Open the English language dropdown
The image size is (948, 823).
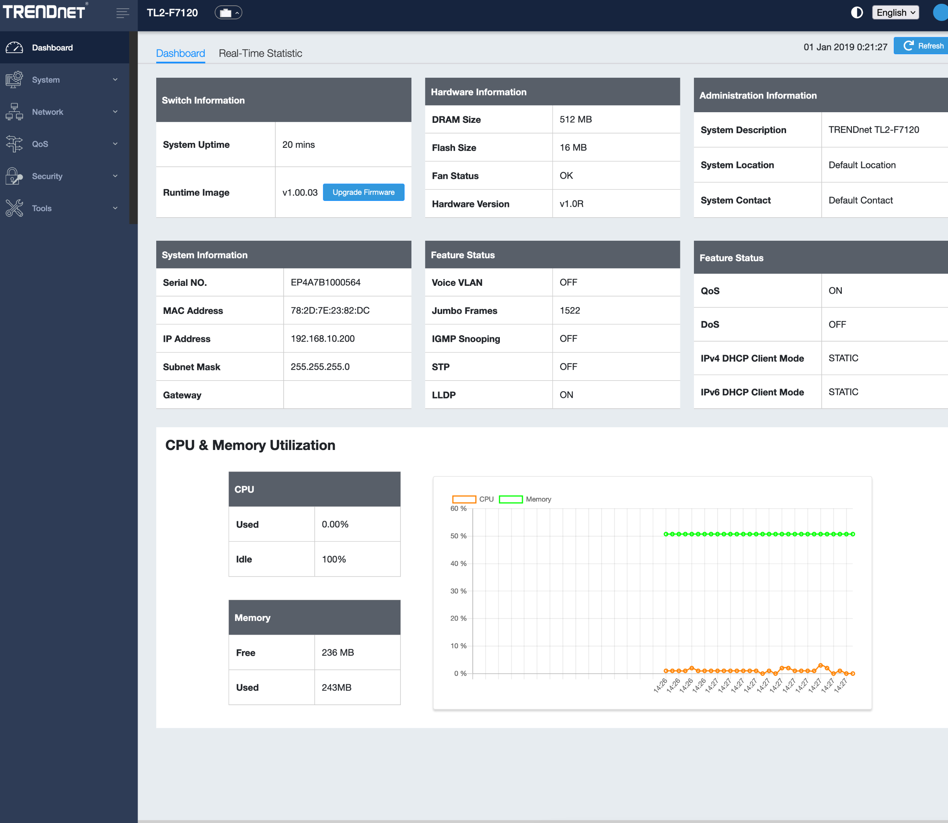(x=895, y=13)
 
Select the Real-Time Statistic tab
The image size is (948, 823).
(x=261, y=53)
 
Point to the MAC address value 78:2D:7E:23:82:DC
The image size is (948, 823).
(x=330, y=310)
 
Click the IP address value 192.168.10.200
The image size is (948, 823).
(x=322, y=339)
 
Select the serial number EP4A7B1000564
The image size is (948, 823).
(x=326, y=282)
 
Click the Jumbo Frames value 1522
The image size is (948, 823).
(x=570, y=310)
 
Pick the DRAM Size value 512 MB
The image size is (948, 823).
(x=576, y=119)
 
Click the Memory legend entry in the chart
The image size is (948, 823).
(x=524, y=499)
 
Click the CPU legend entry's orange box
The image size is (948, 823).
(x=464, y=499)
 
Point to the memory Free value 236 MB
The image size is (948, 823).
(x=337, y=653)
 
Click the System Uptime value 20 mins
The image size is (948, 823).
(x=298, y=145)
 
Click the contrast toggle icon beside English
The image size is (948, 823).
(x=857, y=13)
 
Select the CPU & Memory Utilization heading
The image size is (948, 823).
(x=250, y=445)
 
